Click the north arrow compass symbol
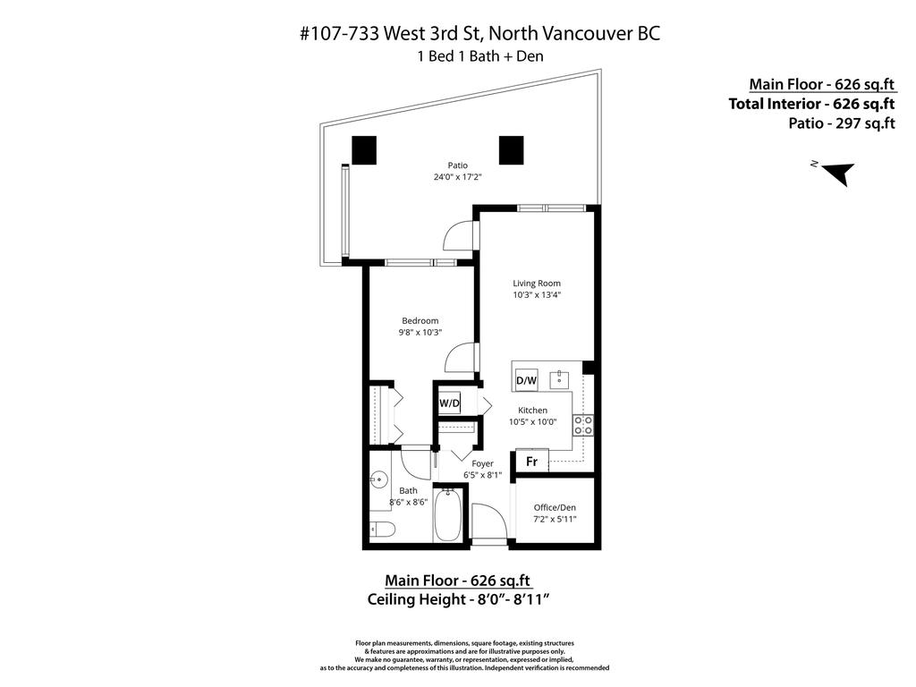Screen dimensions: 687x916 click(838, 174)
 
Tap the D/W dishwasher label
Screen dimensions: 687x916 click(526, 380)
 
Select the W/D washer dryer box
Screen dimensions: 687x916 click(449, 403)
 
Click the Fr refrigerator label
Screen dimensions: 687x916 click(530, 462)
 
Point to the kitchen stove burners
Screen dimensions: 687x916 click(582, 424)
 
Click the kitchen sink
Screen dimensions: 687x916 click(562, 378)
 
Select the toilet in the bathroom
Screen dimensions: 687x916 click(379, 528)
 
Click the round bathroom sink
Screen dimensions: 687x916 click(378, 481)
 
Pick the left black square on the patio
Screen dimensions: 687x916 click(364, 149)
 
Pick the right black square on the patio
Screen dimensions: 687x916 click(511, 149)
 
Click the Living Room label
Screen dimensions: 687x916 click(536, 284)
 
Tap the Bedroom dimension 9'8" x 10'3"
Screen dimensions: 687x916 click(420, 333)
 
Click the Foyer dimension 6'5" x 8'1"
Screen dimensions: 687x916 click(482, 475)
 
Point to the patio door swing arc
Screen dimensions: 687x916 click(460, 236)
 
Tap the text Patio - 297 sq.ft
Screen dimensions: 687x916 click(841, 123)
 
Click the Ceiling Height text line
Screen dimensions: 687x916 click(457, 598)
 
